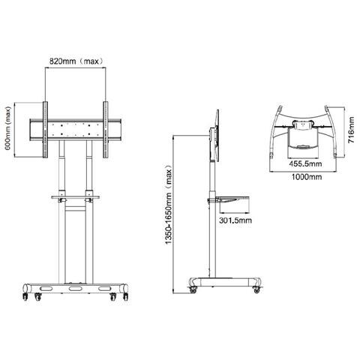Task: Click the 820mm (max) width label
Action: pos(76,60)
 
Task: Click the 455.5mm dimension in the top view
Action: pos(304,163)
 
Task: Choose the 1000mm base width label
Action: pos(304,178)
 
